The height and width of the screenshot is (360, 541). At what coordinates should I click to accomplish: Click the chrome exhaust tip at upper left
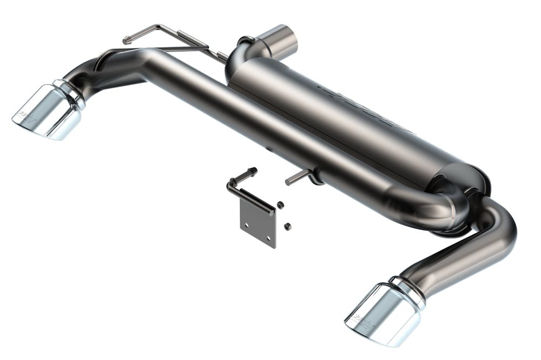49,111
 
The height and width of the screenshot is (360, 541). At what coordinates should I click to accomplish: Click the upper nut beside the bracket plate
281,205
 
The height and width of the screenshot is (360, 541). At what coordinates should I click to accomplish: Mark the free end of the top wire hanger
126,40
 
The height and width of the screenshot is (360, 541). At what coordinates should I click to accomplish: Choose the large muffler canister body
346,119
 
